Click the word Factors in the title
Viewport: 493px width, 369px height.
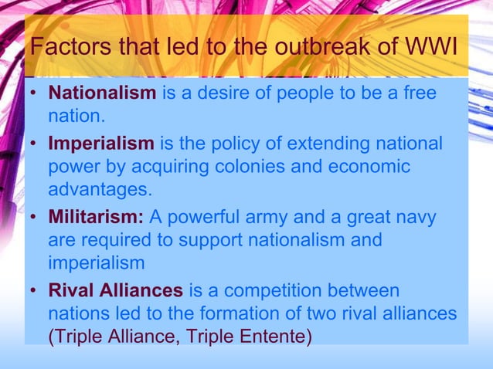66,49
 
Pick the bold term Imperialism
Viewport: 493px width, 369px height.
100,144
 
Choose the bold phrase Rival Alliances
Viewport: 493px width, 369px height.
115,291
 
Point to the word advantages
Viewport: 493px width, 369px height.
99,189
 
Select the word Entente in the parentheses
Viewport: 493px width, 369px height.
270,337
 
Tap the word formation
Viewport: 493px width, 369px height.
241,314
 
